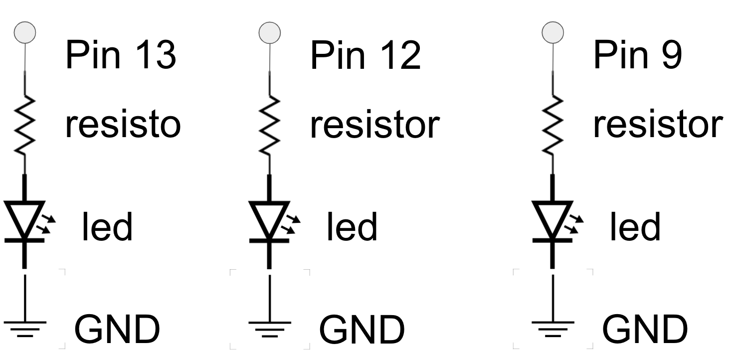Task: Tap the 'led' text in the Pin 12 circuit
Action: [352, 227]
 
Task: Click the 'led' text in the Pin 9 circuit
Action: [634, 227]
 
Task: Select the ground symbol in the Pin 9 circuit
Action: [552, 327]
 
